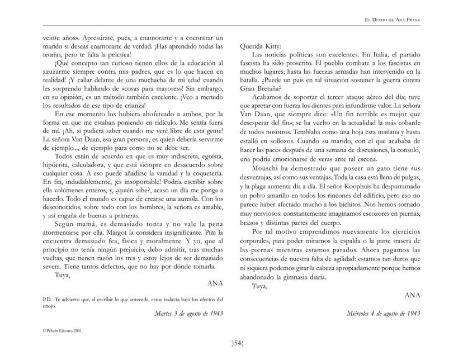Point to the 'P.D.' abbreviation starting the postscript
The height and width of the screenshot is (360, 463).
[x=48, y=299]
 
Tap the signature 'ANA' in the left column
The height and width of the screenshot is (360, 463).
[x=215, y=282]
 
